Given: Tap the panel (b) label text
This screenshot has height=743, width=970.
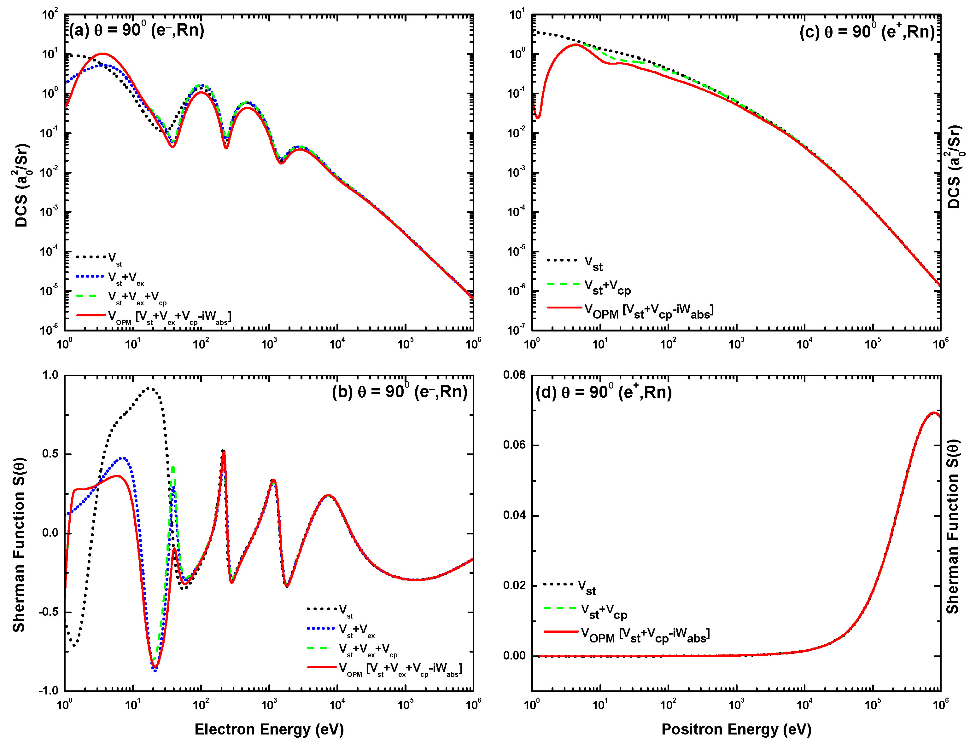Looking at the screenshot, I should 399,392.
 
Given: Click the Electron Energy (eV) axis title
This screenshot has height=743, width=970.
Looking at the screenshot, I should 269,729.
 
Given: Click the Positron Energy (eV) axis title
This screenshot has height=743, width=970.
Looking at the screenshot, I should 736,729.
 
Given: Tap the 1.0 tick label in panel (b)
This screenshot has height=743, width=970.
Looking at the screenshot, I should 50,375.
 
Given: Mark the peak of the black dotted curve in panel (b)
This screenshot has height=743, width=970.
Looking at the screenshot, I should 149,388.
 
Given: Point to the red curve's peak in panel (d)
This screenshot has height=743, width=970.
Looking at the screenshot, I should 933,413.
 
